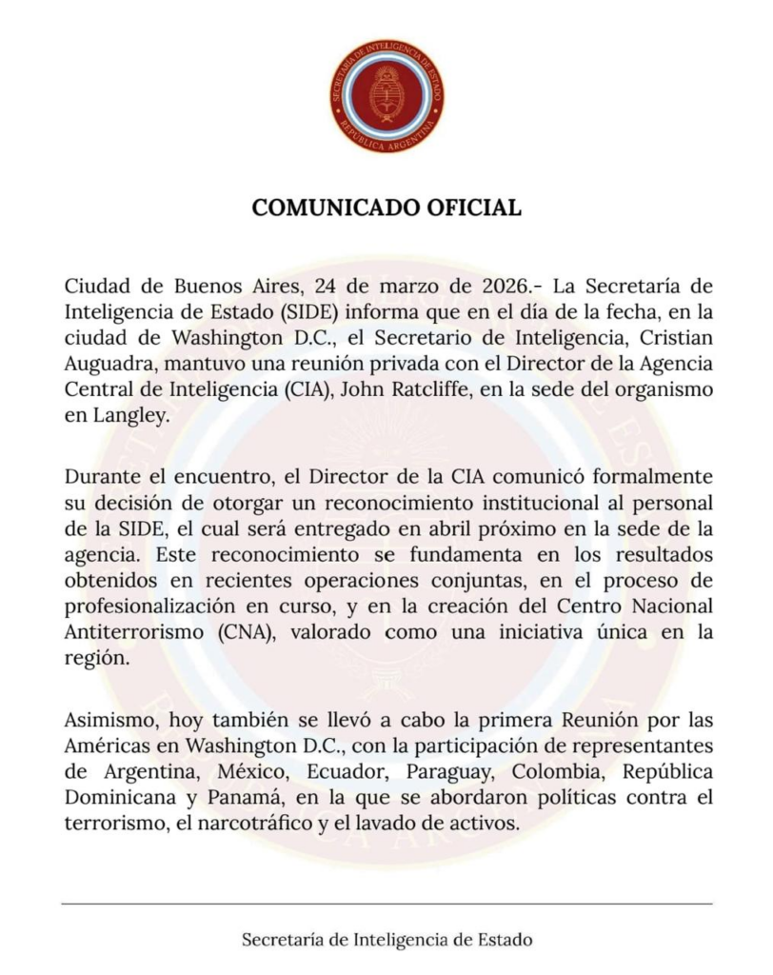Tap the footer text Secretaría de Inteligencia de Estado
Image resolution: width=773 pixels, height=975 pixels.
[386, 940]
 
